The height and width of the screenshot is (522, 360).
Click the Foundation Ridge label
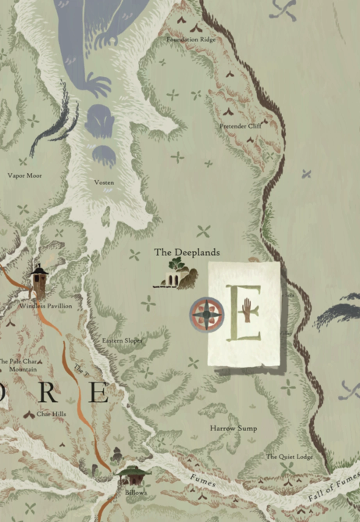click(x=191, y=39)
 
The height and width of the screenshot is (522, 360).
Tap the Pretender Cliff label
click(x=240, y=126)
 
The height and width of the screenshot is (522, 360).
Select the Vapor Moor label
click(x=25, y=176)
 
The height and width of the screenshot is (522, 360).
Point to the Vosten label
click(x=104, y=182)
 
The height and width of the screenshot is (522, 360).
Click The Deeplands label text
click(x=187, y=252)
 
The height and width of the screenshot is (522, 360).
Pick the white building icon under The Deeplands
click(x=172, y=279)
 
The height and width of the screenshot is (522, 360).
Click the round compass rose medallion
click(x=207, y=315)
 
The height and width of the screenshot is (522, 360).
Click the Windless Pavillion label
click(x=46, y=306)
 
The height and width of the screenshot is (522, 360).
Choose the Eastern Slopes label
click(x=122, y=341)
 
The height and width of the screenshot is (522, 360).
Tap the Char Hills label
click(x=51, y=414)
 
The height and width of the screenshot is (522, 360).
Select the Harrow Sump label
click(x=233, y=428)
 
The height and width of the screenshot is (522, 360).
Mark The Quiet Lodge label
click(x=289, y=457)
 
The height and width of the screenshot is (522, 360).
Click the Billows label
click(x=136, y=493)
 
